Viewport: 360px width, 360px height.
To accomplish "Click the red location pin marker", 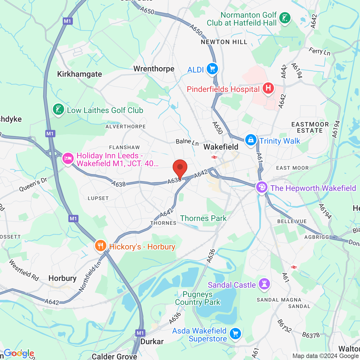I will coord(180,168).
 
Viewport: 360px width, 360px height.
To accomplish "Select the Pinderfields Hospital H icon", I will coord(268,88).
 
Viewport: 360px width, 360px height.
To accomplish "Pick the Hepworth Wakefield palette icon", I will coord(262,187).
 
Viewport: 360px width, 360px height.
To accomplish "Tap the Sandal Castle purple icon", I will coord(264,284).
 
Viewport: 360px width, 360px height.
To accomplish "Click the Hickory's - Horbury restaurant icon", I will coord(100,246).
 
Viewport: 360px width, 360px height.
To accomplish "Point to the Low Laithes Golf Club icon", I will coord(58,109).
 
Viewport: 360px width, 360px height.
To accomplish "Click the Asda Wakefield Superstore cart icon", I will coord(235,334).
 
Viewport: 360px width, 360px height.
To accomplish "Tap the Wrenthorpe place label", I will coord(154,69).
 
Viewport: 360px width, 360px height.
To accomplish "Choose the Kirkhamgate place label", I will coord(80,74).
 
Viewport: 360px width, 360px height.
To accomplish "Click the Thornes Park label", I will coord(203,218).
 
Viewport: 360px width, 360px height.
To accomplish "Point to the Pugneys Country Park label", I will coord(198,298).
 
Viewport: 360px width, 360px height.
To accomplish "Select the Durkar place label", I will coord(152,341).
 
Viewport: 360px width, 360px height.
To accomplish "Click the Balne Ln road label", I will coord(187,142).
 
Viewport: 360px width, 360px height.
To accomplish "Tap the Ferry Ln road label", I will coord(319,51).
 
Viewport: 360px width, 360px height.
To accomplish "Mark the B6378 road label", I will coord(311,335).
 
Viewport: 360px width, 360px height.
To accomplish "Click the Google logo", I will coord(19,353).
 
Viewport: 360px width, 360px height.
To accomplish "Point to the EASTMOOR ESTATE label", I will coord(310,127).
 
